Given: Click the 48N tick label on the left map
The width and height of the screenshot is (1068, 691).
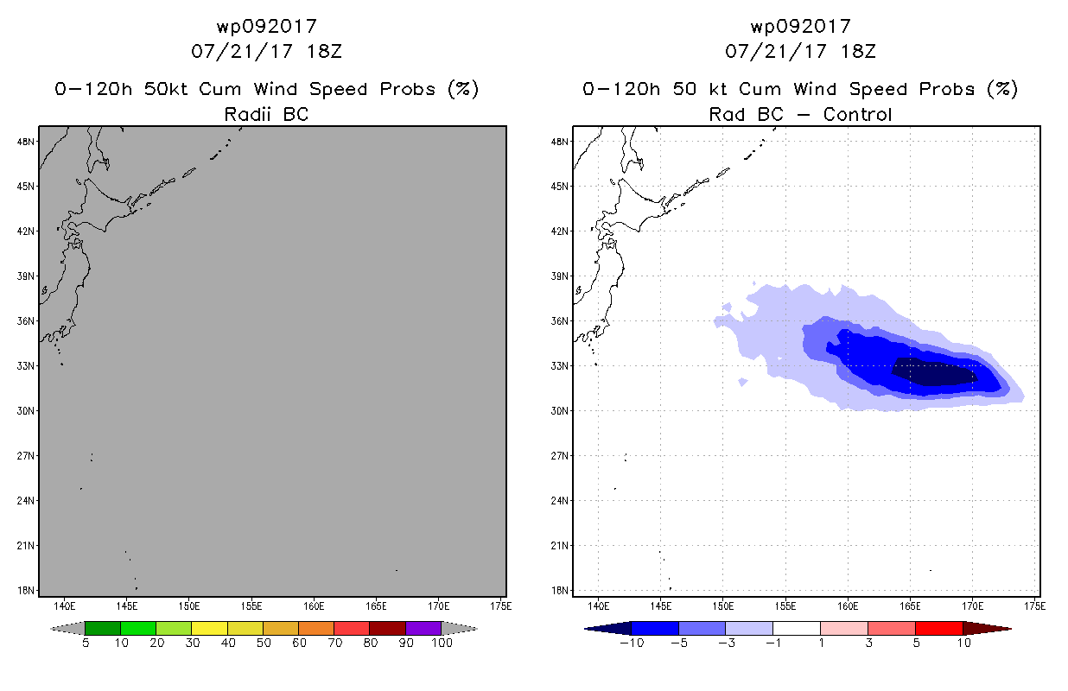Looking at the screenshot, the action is [x=26, y=142].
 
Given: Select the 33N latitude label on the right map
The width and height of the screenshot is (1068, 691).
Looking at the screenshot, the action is [x=560, y=366].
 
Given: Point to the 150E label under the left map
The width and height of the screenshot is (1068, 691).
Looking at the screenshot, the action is [x=189, y=606].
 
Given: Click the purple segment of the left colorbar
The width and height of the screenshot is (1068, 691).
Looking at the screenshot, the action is [x=423, y=628].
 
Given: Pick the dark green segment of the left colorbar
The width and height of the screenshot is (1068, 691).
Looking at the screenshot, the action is [x=103, y=628].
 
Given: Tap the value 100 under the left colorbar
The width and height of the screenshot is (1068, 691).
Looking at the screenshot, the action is [x=442, y=643].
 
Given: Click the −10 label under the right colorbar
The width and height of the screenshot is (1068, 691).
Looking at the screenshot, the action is [x=632, y=643].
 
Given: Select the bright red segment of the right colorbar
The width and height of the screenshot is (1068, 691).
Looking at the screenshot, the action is [x=939, y=628].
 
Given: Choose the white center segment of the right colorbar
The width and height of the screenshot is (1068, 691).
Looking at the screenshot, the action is [x=797, y=628].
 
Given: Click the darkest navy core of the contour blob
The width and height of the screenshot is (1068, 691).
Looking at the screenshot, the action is [x=932, y=371].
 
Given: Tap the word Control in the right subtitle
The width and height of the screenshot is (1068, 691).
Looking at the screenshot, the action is [x=857, y=114].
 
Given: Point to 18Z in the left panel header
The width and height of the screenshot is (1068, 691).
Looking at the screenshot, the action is [x=324, y=52].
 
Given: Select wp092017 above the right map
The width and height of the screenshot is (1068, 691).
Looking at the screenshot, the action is [x=801, y=27].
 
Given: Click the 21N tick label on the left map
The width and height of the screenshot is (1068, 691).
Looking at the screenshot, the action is [x=26, y=546].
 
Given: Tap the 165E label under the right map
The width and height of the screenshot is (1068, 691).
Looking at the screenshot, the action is [x=910, y=606].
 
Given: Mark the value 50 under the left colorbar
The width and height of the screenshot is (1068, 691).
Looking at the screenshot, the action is [x=264, y=643].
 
